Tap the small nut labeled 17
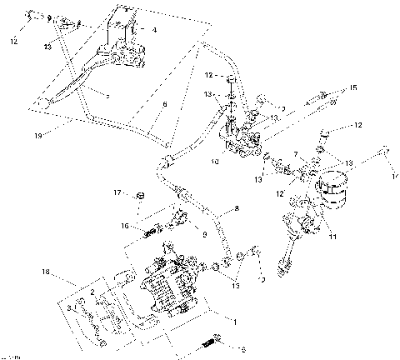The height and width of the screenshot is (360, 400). [141, 197]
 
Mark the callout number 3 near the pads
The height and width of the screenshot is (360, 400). [71, 307]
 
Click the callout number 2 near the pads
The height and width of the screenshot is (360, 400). [94, 292]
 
